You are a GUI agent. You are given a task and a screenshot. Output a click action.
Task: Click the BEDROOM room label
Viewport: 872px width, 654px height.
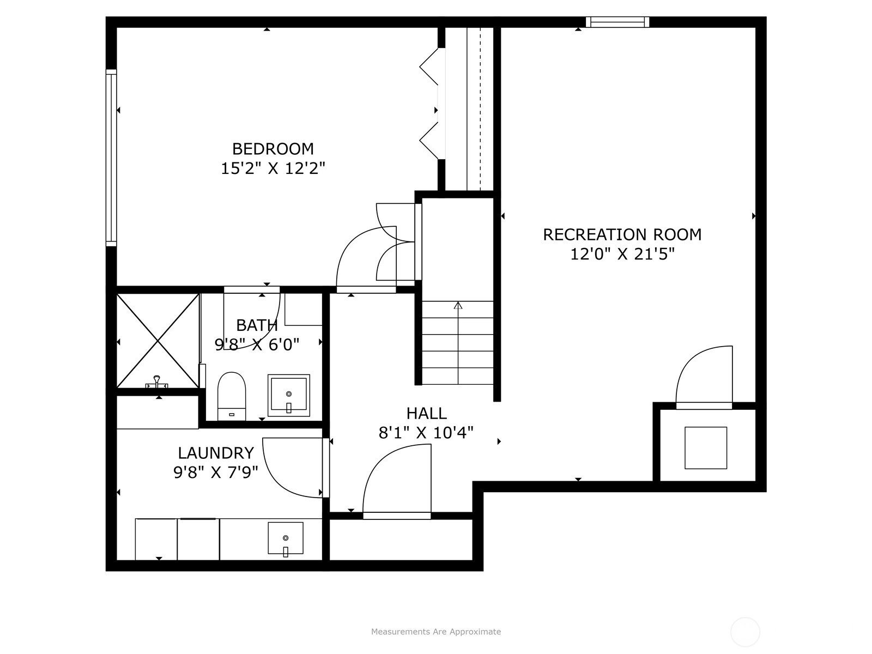[x=273, y=149]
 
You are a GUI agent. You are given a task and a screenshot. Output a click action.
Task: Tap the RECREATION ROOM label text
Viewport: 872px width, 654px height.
[x=622, y=235]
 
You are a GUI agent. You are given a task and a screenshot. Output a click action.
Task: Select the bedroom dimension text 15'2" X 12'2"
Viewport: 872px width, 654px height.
[x=273, y=168]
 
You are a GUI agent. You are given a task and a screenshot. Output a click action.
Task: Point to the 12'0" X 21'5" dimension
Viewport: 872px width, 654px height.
[x=622, y=254]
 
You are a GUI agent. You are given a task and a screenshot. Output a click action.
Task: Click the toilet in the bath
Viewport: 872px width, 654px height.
[x=232, y=396]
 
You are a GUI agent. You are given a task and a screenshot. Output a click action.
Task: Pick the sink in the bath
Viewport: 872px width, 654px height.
[x=289, y=395]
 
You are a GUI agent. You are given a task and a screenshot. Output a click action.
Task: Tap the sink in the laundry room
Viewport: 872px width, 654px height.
[x=286, y=539]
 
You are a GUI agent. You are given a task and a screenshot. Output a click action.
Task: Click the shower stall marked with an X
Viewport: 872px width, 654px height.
[x=158, y=341]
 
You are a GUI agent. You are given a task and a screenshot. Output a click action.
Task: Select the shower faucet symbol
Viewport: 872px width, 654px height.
[x=157, y=382]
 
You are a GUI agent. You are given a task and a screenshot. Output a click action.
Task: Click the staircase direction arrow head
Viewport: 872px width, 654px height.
[x=458, y=305]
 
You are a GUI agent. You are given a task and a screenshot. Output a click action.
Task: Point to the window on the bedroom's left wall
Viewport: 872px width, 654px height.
[x=111, y=158]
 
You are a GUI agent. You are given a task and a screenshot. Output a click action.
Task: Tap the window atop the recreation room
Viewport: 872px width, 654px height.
[x=617, y=22]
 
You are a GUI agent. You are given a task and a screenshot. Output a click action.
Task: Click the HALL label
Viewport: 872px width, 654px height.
[x=426, y=414]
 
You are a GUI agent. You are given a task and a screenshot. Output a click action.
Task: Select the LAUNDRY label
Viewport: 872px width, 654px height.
[x=216, y=453]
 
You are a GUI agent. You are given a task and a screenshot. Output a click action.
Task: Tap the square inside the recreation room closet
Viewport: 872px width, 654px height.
[x=706, y=448]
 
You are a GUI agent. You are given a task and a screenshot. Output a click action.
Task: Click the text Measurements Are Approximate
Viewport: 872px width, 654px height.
[x=436, y=631]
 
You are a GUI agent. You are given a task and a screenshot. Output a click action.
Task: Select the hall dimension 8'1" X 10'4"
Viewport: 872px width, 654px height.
[x=426, y=433]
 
